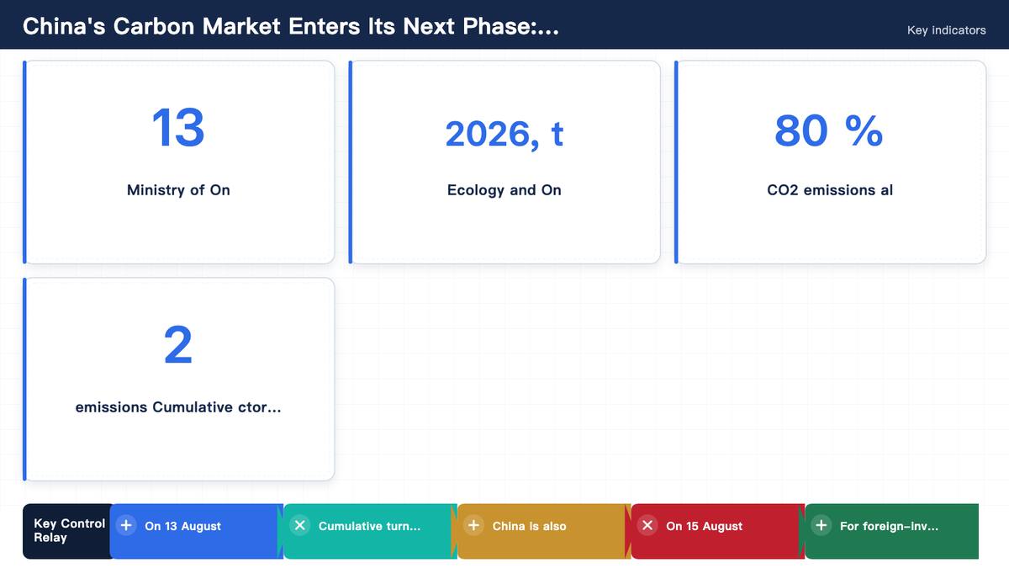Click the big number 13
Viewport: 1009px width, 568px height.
coord(178,128)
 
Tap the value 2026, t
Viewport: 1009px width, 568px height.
coord(504,134)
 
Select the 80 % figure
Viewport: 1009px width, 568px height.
coord(829,130)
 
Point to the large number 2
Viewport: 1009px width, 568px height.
coord(178,345)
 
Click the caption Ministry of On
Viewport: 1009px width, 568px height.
coord(178,190)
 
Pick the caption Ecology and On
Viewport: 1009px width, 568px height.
coord(504,190)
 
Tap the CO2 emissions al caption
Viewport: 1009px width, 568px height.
coord(830,190)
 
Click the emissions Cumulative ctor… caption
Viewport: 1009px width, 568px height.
coord(178,407)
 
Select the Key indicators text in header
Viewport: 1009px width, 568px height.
coord(947,30)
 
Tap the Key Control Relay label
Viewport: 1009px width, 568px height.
coord(69,531)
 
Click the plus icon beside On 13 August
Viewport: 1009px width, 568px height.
coord(126,525)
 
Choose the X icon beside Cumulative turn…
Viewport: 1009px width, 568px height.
coord(300,525)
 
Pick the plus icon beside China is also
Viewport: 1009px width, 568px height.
coord(474,525)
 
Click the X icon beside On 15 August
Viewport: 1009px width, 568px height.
coord(647,525)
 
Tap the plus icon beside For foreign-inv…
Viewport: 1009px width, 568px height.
coord(821,525)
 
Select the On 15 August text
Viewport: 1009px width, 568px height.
coord(704,526)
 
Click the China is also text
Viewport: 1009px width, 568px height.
coord(529,526)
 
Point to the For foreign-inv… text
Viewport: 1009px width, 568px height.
coord(890,526)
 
